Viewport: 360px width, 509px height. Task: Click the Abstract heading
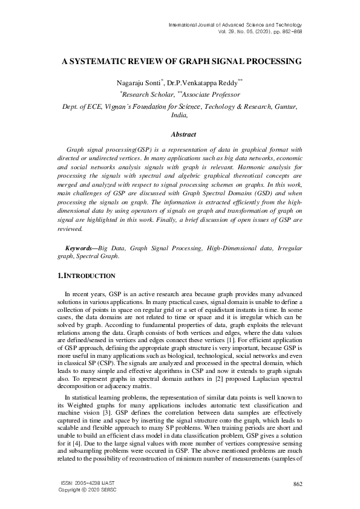(180, 134)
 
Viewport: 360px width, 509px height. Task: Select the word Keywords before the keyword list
(79, 248)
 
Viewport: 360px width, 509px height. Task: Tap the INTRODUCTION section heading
(88, 276)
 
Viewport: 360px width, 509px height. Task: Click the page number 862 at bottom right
(297, 484)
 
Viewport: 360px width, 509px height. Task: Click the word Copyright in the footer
(69, 490)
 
